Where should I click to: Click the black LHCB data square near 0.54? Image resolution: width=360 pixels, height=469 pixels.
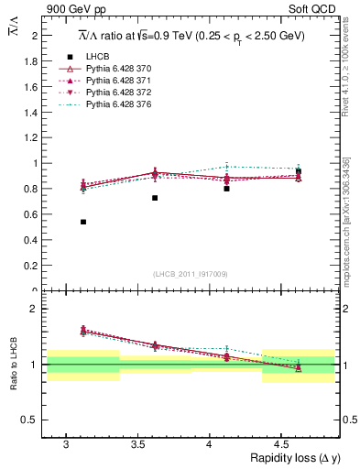(83, 222)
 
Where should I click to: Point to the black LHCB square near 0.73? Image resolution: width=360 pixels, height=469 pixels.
(155, 198)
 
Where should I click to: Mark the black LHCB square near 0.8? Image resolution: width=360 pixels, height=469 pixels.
(226, 189)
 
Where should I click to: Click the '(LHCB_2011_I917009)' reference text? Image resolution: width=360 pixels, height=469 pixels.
(191, 274)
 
